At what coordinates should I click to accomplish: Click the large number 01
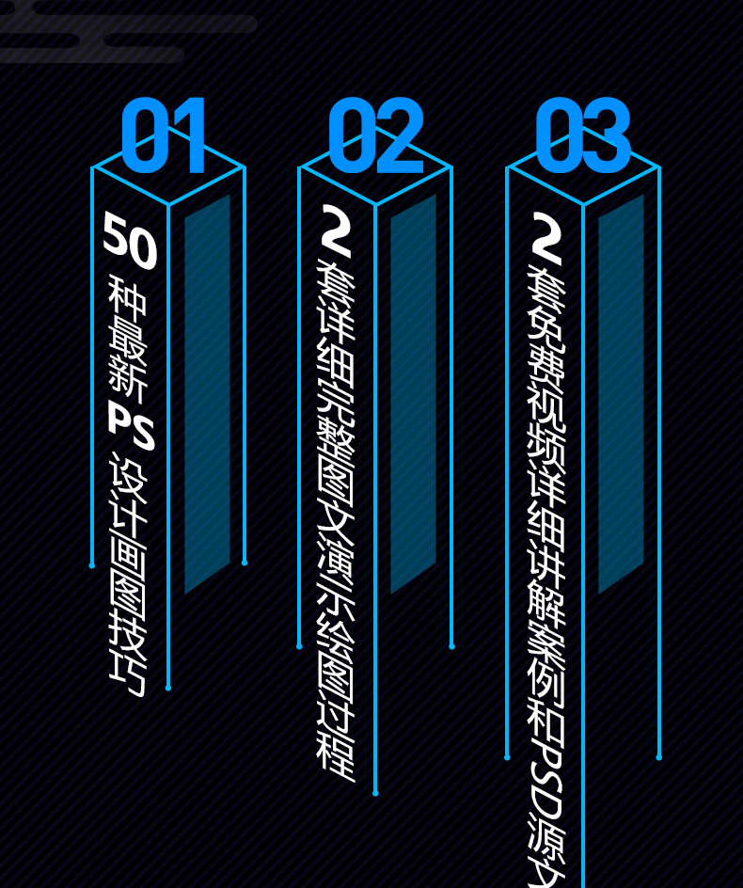pos(164,136)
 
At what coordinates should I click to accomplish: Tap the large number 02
pos(375,136)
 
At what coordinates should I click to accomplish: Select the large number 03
pos(582,136)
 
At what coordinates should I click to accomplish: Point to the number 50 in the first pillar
pos(130,241)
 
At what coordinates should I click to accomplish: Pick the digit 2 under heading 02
pos(336,231)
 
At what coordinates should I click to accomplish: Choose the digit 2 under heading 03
pos(545,239)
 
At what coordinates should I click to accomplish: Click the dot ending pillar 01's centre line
pos(168,688)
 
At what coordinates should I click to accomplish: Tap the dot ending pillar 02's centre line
pos(375,793)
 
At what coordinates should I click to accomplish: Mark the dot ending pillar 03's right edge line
pos(658,757)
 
